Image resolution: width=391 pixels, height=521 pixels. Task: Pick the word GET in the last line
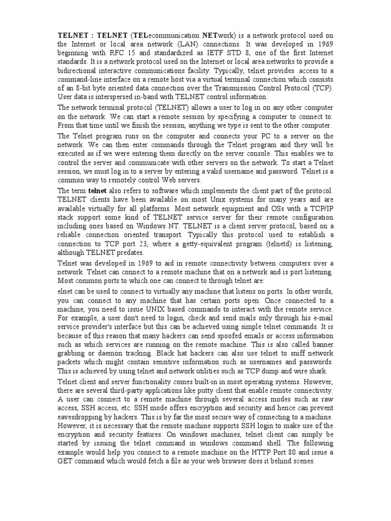click(66, 461)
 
